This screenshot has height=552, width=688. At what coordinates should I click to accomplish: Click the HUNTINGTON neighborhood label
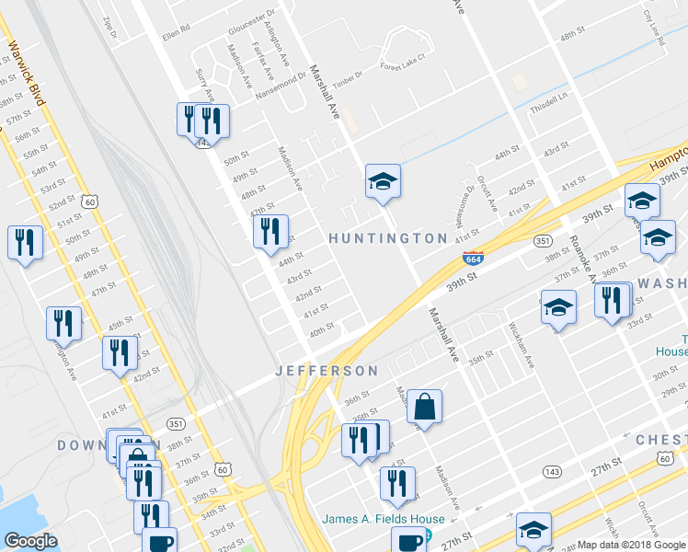(x=388, y=238)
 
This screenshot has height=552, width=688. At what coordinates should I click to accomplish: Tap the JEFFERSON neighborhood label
(x=327, y=371)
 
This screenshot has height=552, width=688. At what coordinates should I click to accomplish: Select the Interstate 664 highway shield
(x=473, y=260)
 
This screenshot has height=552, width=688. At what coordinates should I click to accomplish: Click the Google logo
(x=30, y=540)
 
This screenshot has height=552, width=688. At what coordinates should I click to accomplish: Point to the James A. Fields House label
(x=383, y=519)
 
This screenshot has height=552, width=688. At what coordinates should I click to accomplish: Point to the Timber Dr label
(x=350, y=84)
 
